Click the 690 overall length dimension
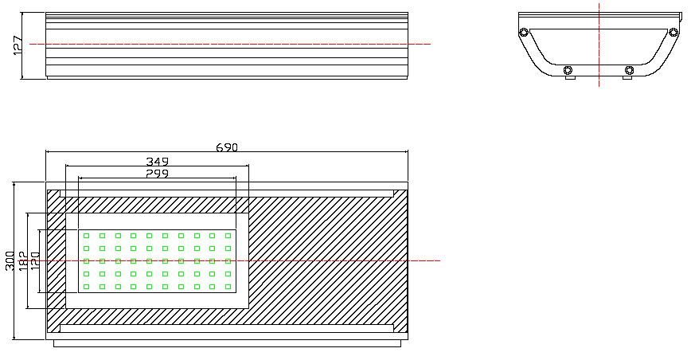227,147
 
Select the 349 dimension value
157,161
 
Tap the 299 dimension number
157,174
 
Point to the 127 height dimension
18,45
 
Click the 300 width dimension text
10,261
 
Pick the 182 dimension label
23,261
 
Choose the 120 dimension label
35,261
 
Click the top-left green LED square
86,236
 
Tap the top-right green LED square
228,236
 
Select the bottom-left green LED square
86,287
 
